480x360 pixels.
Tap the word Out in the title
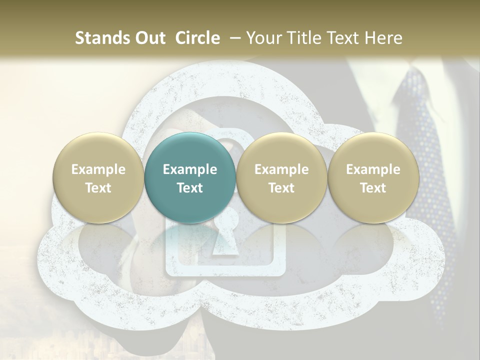[x=150, y=38]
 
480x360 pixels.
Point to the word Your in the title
[x=262, y=38]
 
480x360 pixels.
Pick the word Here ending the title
[x=384, y=38]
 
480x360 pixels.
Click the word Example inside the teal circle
[x=190, y=169]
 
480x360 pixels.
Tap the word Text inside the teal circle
[x=190, y=188]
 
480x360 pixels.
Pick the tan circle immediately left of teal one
[x=98, y=177]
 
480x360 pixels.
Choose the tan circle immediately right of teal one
[x=281, y=177]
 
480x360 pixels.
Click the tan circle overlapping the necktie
[x=373, y=177]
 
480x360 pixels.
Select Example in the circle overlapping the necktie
[x=373, y=169]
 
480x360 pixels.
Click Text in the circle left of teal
[x=98, y=188]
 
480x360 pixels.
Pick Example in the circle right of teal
[x=281, y=169]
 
